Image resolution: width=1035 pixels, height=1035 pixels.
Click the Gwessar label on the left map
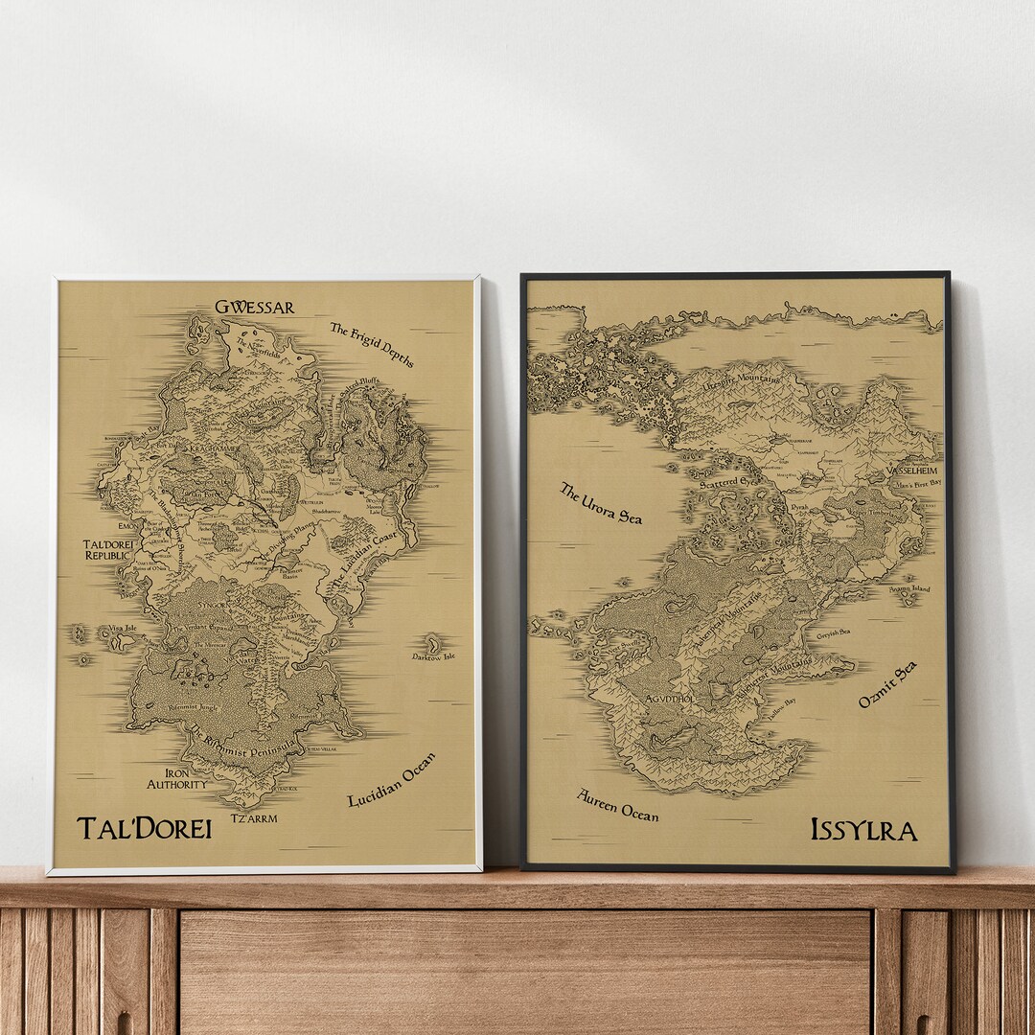point(254,308)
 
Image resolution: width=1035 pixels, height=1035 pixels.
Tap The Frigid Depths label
point(372,344)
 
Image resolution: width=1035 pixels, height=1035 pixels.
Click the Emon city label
point(126,526)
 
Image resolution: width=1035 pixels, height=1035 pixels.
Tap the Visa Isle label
point(122,629)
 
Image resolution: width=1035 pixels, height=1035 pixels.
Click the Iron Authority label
point(176,777)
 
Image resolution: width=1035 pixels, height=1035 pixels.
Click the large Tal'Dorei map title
point(144,828)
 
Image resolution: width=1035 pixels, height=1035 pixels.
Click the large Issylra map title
point(863,829)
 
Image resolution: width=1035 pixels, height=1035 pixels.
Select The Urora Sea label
point(600,503)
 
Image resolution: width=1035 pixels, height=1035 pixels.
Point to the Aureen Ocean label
point(617,805)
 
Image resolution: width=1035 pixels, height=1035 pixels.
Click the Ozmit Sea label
point(886,684)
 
